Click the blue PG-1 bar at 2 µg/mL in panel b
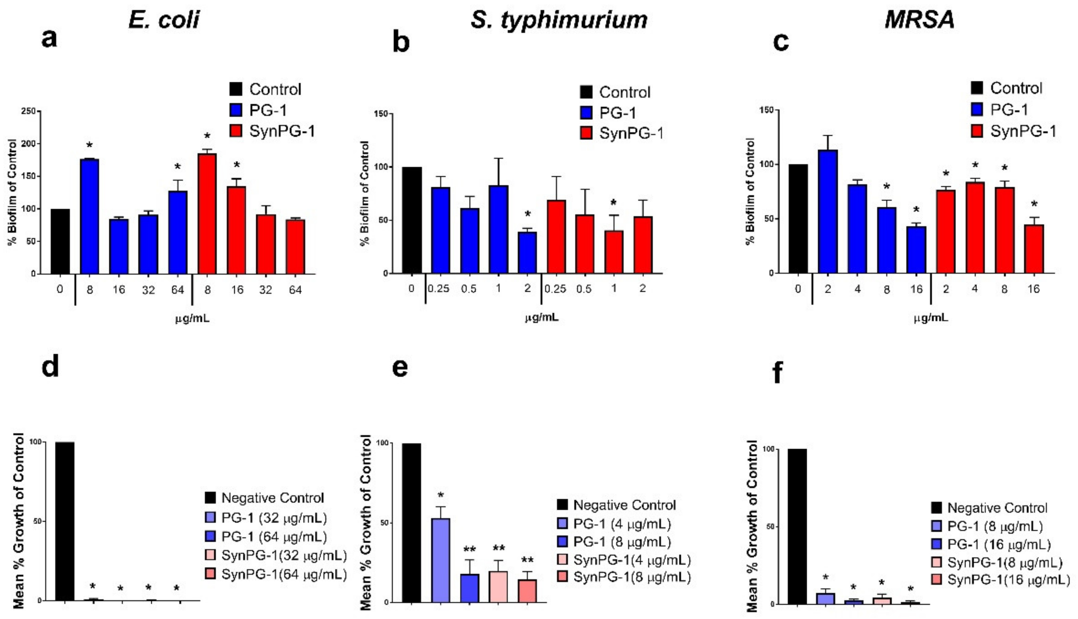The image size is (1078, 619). point(527,253)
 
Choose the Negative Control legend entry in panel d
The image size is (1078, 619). point(272,498)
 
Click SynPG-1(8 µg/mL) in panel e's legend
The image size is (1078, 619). point(631,577)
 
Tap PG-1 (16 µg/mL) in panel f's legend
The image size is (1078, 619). point(998,545)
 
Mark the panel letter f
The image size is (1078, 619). point(777,374)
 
